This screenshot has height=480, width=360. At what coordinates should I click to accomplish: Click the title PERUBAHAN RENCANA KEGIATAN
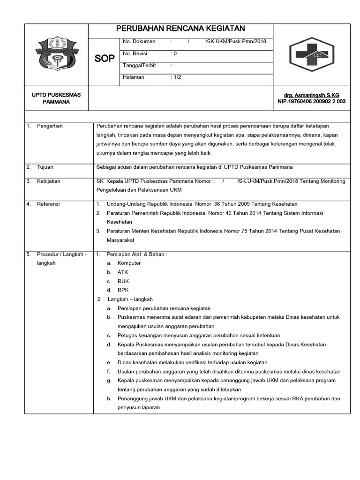point(180,29)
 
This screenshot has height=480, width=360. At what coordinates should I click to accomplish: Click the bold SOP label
point(104,59)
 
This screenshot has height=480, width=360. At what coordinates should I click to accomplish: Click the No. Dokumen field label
point(139,42)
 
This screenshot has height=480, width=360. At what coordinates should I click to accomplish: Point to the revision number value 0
point(175,53)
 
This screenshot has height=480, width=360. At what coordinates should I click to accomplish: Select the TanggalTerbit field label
point(139,66)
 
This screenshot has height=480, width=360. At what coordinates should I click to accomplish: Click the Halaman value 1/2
point(177,77)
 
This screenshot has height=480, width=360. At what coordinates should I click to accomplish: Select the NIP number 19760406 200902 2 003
point(312,101)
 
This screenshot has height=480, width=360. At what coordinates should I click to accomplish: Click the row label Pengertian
point(50,126)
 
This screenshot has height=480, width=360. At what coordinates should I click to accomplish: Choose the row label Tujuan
point(45,167)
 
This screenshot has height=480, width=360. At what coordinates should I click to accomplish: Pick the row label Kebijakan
point(48,181)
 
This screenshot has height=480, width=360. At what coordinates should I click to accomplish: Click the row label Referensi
point(48,204)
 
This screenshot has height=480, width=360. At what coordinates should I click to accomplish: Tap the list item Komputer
point(129,263)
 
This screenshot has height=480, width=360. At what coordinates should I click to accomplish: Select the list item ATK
point(123,272)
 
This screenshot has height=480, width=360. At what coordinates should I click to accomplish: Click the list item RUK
point(123,281)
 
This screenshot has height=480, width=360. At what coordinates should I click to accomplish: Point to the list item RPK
point(123,290)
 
